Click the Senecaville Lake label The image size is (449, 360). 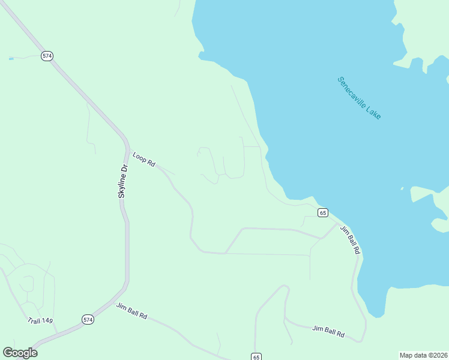(x=359, y=97)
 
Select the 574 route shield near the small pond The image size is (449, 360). (x=47, y=56)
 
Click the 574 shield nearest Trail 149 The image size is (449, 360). (x=88, y=319)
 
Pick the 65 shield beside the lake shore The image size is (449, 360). (x=323, y=213)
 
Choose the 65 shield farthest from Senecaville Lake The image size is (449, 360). (x=256, y=356)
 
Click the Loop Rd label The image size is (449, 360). (x=144, y=159)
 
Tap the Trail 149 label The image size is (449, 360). (x=40, y=321)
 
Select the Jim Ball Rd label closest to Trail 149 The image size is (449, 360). (x=132, y=310)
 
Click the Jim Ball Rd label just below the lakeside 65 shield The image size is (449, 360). (x=349, y=239)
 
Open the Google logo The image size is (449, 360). (x=20, y=353)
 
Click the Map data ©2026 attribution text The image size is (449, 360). (x=424, y=355)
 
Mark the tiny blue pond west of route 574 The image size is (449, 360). (x=11, y=59)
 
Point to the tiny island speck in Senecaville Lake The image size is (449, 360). (x=402, y=189)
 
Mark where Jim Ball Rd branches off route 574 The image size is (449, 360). (x=107, y=304)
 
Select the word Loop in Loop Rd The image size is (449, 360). (x=140, y=156)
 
